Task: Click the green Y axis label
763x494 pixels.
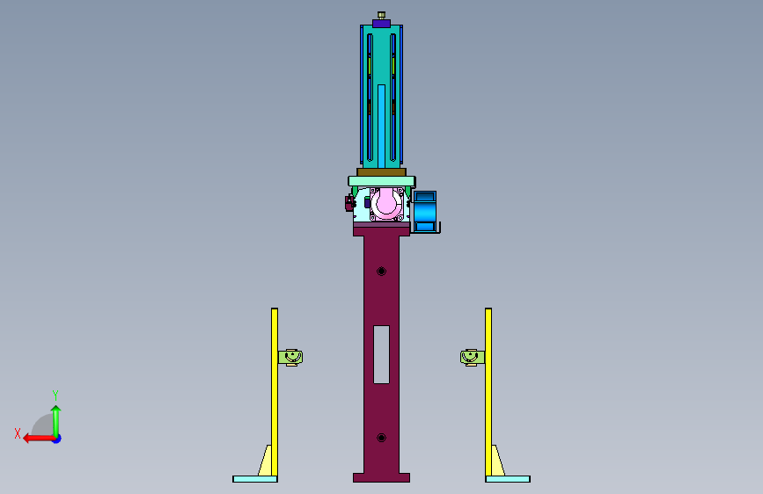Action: pyautogui.click(x=55, y=395)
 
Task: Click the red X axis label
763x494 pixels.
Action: pyautogui.click(x=18, y=433)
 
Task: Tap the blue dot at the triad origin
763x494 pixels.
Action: pyautogui.click(x=57, y=439)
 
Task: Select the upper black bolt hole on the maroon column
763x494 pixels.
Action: pyautogui.click(x=382, y=272)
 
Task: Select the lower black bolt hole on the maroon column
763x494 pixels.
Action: pyautogui.click(x=382, y=438)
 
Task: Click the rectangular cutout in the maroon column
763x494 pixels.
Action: pyautogui.click(x=382, y=354)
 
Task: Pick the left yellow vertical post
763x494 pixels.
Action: pyautogui.click(x=275, y=392)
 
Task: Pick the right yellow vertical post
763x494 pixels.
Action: pyautogui.click(x=488, y=392)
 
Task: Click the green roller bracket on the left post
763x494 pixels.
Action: pyautogui.click(x=290, y=358)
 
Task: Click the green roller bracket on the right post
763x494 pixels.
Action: pyautogui.click(x=473, y=358)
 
